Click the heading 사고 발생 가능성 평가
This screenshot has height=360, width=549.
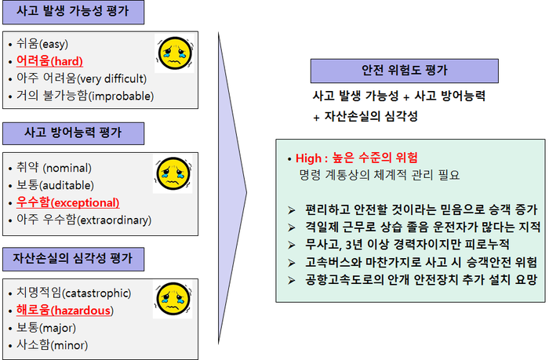pos(73,12)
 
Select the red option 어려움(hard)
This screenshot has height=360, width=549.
pos(49,61)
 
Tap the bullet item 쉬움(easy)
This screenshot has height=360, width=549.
pos(42,44)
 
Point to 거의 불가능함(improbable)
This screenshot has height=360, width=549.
pos(85,96)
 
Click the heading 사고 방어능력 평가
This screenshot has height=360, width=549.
pos(73,133)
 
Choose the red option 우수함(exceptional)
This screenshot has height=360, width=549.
pos(68,202)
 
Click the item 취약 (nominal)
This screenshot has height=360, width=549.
pos(54,168)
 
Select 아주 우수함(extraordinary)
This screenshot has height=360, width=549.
pos(84,220)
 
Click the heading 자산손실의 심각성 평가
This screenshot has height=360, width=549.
pos(73,259)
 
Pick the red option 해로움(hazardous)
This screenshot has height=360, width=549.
pos(65,311)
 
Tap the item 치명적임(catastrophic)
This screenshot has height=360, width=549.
pos(74,293)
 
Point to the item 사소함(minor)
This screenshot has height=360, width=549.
pos(53,345)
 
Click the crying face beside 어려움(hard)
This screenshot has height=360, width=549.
pos(175,53)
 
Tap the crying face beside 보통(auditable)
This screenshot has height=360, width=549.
pos(173,173)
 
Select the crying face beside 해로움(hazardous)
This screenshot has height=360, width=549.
pos(173,299)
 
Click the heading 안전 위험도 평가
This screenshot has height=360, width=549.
pos(405,71)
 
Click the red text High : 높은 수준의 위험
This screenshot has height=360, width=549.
pos(356,158)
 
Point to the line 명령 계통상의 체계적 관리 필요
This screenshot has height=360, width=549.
pos(379,175)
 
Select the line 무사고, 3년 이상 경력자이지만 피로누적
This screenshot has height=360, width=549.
pos(407,245)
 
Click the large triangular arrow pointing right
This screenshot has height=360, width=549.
pos(232,189)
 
